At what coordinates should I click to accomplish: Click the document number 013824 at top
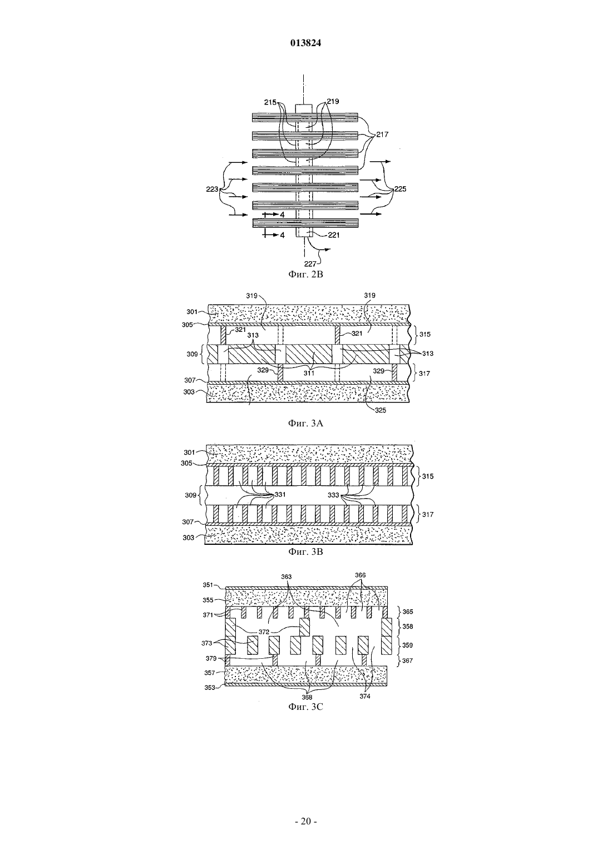pyautogui.click(x=305, y=43)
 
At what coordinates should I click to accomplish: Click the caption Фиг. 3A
pyautogui.click(x=305, y=423)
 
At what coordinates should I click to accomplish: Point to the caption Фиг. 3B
pyautogui.click(x=305, y=551)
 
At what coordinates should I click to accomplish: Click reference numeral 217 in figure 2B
pyautogui.click(x=383, y=135)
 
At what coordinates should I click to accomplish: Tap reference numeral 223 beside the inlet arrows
pyautogui.click(x=212, y=189)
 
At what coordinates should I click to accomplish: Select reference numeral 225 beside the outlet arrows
pyautogui.click(x=400, y=189)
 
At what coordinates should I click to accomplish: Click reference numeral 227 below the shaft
pyautogui.click(x=310, y=264)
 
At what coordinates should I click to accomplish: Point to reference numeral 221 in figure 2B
pyautogui.click(x=333, y=235)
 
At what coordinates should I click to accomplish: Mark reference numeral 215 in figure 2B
pyautogui.click(x=270, y=102)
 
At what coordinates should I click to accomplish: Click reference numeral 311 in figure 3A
pyautogui.click(x=309, y=373)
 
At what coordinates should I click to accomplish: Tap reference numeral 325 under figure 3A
pyautogui.click(x=380, y=410)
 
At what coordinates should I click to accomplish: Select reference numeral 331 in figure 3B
pyautogui.click(x=280, y=495)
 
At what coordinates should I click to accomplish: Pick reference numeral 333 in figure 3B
pyautogui.click(x=333, y=495)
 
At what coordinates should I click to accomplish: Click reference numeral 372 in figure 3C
pyautogui.click(x=264, y=632)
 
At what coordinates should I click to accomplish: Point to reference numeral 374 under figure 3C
pyautogui.click(x=365, y=696)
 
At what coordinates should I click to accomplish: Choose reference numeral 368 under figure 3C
pyautogui.click(x=307, y=698)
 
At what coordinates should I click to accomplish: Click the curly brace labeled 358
pyautogui.click(x=399, y=627)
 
